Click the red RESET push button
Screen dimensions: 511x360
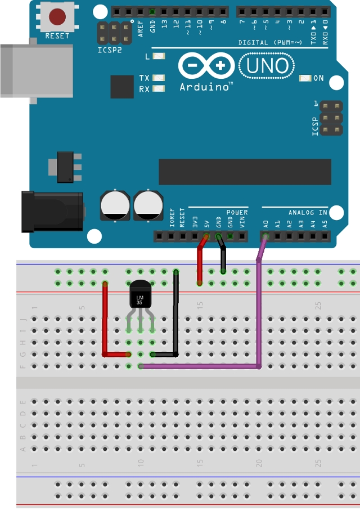pos(57,17)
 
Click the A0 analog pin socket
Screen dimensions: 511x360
pos(265,237)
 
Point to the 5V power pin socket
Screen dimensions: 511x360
pos(206,237)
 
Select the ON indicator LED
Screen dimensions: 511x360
pos(305,78)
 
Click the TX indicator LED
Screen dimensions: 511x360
pos(159,78)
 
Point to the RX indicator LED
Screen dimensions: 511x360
pos(159,89)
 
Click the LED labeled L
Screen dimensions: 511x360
pos(159,56)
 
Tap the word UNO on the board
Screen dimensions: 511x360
pos(267,66)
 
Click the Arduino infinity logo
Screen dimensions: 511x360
pos(206,66)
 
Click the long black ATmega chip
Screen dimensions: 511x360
pos(244,172)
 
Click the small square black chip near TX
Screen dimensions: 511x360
pos(122,87)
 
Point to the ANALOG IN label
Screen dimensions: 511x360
pos(308,213)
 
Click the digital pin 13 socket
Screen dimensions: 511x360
pos(164,11)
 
